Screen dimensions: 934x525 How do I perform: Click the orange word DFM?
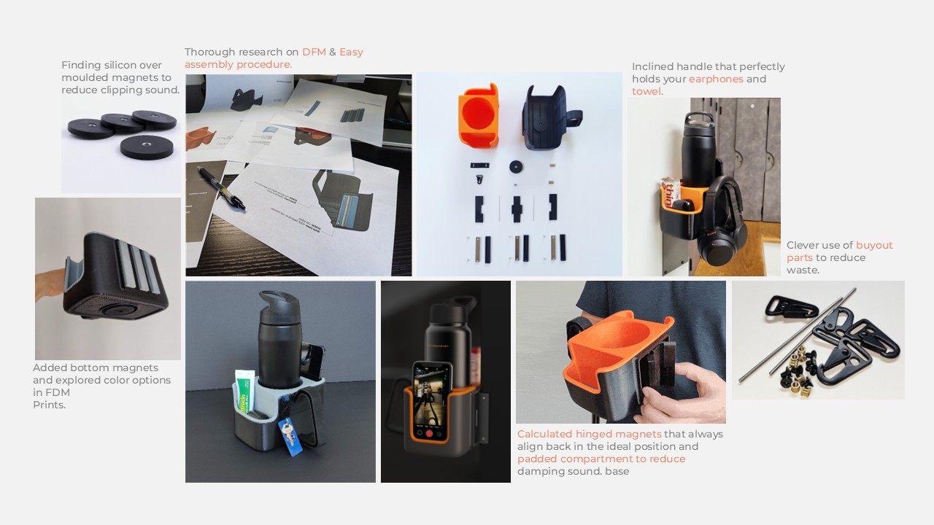tap(314, 52)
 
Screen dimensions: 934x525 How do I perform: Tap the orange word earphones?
tap(716, 79)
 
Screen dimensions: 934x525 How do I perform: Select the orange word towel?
tap(647, 91)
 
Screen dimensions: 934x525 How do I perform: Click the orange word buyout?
tap(874, 246)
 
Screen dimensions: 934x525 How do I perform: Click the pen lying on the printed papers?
tap(220, 188)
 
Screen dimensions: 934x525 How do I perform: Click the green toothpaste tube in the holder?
tap(244, 391)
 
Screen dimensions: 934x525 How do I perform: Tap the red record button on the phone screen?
tap(430, 433)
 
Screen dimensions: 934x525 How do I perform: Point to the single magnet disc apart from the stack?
tap(147, 147)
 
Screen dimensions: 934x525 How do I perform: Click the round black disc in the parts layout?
tap(516, 167)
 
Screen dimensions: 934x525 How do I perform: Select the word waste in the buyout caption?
tap(803, 270)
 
